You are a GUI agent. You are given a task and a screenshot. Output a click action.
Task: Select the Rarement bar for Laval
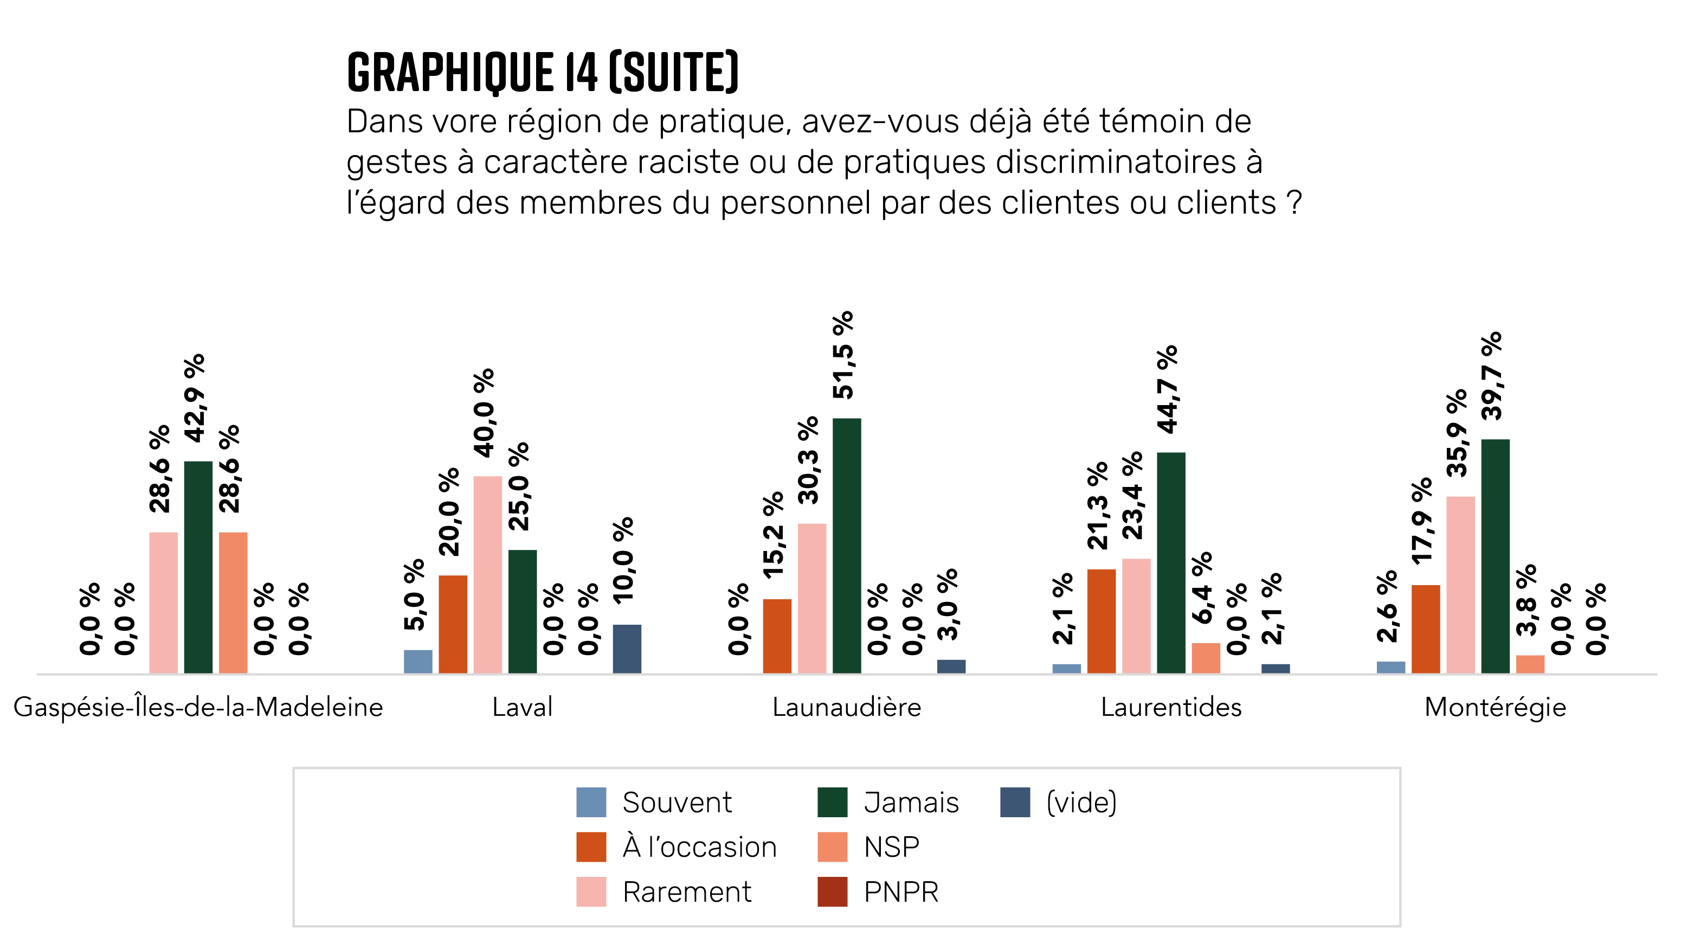(487, 574)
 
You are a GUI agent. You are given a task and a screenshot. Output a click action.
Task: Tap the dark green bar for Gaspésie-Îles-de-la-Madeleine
(198, 567)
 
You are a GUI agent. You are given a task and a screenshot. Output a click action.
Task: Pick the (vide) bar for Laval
(627, 649)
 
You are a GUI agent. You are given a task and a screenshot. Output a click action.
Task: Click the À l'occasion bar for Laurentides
(1101, 621)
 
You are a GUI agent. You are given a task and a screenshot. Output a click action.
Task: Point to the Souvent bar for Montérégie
(1390, 667)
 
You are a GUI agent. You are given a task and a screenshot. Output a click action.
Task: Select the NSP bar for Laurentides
(1206, 658)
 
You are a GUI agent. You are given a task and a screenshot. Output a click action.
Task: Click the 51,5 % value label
(843, 355)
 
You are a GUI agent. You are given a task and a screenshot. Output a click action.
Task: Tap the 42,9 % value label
(195, 398)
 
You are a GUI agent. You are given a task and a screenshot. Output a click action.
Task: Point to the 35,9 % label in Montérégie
(1457, 433)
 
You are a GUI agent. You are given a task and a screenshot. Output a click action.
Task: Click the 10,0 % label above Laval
(623, 560)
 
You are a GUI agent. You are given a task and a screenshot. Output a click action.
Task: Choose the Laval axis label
(522, 708)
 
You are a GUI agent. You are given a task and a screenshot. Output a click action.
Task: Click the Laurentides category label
(1171, 708)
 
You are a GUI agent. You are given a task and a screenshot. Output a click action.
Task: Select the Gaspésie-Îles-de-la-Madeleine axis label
(198, 708)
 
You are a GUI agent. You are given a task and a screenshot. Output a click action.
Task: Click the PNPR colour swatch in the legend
(832, 892)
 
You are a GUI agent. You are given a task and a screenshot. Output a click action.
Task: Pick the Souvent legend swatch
(590, 803)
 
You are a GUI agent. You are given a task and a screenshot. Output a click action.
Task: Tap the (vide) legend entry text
(1081, 803)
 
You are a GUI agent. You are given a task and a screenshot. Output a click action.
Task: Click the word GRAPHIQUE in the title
(450, 72)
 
